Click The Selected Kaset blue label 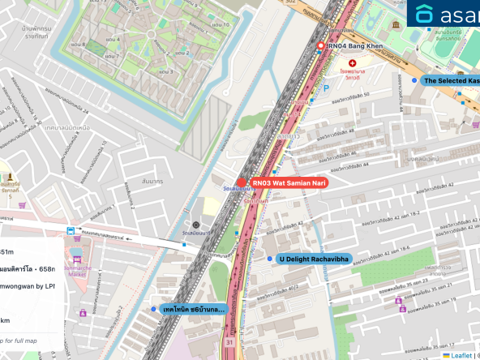point(451,81)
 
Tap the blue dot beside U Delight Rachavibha point(270,259)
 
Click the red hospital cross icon point(352,62)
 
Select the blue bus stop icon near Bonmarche point(72,231)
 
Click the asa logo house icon point(425,14)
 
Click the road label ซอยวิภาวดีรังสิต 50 point(348,96)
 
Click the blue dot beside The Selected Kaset point(414,81)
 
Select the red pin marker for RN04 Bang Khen point(320,46)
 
